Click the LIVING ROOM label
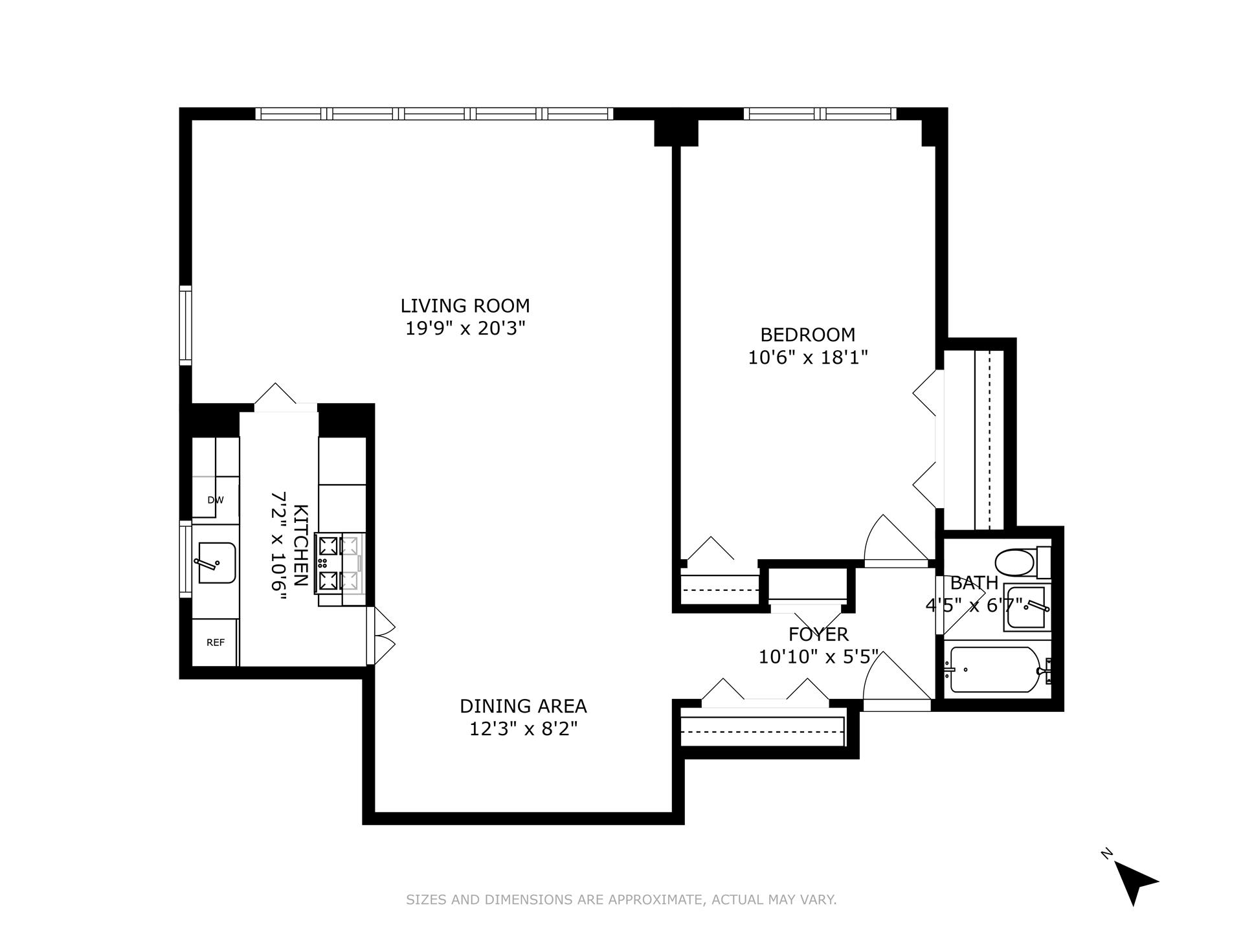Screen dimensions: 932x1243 coord(465,305)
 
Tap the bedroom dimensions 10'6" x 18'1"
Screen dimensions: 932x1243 coord(807,357)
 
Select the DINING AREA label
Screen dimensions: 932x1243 coord(523,705)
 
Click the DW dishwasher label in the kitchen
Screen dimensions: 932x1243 coord(215,500)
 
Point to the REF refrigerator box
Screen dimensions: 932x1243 coord(216,642)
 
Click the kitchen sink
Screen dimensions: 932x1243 coord(216,562)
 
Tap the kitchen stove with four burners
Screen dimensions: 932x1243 coord(339,563)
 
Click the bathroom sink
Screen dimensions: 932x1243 coord(1026,607)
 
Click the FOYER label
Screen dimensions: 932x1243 coord(818,634)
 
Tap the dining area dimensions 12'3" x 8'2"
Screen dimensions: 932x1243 coord(523,729)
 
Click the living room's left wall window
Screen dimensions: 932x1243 coord(186,326)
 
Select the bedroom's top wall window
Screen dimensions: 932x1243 coord(820,114)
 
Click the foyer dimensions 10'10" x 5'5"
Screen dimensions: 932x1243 coord(818,657)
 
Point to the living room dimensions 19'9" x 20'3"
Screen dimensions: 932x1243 coord(465,329)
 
